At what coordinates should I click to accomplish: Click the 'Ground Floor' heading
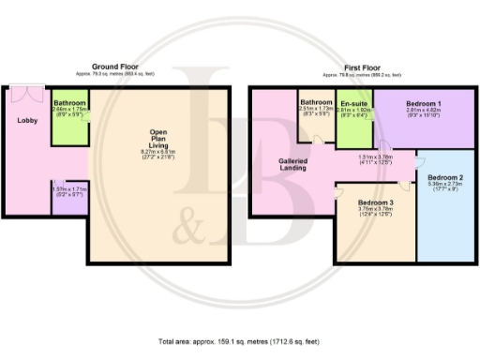pyautogui.click(x=117, y=67)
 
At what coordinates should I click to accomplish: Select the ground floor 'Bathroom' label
pyautogui.click(x=69, y=103)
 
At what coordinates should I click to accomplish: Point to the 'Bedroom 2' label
pyautogui.click(x=445, y=177)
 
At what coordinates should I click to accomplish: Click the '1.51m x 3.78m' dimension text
pyautogui.click(x=374, y=157)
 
